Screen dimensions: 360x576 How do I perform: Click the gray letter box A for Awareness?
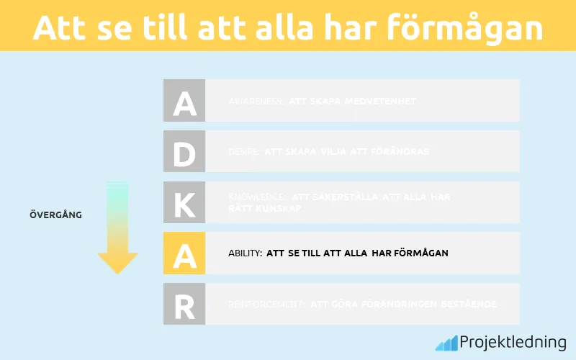coord(184,101)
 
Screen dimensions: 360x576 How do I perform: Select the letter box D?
coord(184,151)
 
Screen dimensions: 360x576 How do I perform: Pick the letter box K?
coord(184,202)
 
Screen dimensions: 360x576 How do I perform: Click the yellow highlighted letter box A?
coord(184,253)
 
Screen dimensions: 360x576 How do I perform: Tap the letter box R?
coord(184,304)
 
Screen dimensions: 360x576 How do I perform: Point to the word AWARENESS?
coord(256,102)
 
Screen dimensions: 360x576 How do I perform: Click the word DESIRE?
coord(244,152)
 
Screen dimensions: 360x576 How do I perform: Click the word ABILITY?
coord(245,253)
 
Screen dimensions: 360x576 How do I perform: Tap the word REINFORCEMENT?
coord(267,305)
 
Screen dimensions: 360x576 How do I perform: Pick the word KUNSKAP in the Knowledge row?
coord(276,208)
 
